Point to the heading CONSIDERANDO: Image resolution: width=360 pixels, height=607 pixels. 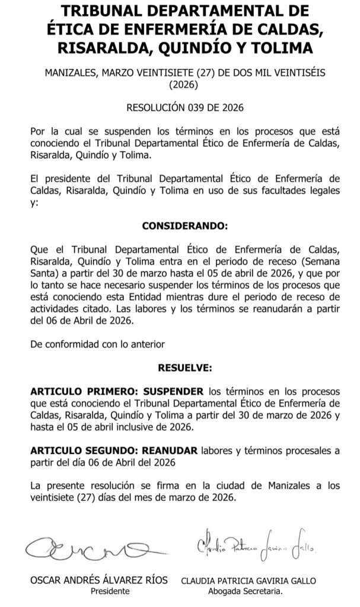[184, 226]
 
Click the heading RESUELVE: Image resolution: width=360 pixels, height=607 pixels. [184, 368]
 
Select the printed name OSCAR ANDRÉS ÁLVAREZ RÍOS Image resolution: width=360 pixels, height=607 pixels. [98, 580]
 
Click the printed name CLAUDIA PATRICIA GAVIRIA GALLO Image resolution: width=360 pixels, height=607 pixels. [249, 580]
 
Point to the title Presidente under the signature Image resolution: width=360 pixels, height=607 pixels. [110, 591]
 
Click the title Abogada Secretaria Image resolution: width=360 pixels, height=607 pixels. [246, 591]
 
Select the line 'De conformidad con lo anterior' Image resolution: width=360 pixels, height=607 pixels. [97, 344]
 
